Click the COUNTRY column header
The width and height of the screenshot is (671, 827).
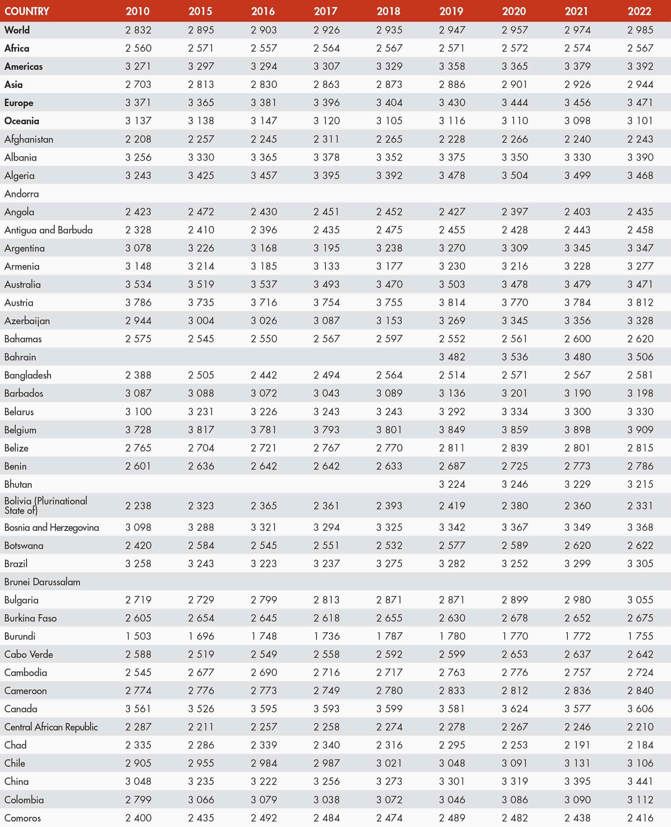27,11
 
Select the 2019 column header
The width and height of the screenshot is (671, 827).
451,11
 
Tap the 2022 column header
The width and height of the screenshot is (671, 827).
639,11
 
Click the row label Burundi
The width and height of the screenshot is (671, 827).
20,636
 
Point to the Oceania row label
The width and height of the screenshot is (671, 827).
22,121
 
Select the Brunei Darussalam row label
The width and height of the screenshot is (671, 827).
42,582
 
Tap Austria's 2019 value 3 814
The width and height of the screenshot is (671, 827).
452,302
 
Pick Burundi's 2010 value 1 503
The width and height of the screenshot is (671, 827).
138,636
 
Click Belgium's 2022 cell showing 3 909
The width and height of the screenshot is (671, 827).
640,430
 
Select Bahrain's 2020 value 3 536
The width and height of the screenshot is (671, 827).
514,357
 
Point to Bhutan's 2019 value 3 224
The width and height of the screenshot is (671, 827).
452,484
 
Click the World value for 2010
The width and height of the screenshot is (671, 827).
138,30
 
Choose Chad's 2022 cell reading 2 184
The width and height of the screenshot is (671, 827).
640,745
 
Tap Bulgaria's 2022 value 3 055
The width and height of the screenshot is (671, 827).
640,600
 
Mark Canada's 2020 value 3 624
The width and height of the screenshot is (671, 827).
514,709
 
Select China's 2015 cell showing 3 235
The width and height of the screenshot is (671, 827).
201,781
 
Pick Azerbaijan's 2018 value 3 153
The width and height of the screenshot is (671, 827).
389,320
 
